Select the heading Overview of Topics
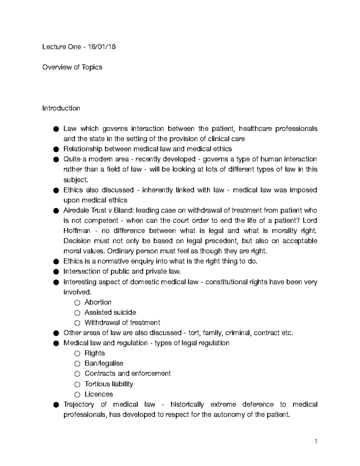click(72, 67)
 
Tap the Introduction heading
click(61, 108)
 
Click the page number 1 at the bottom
click(316, 441)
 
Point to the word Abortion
click(98, 302)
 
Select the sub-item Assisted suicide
click(110, 312)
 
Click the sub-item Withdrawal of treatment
click(122, 323)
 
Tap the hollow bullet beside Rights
click(77, 353)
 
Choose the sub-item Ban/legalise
click(104, 363)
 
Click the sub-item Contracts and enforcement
click(127, 374)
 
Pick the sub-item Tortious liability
click(109, 384)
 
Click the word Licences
click(99, 394)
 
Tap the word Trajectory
click(79, 404)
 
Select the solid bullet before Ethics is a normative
click(56, 262)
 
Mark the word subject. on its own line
click(76, 180)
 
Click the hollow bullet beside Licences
click(77, 395)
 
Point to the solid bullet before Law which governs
click(56, 129)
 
